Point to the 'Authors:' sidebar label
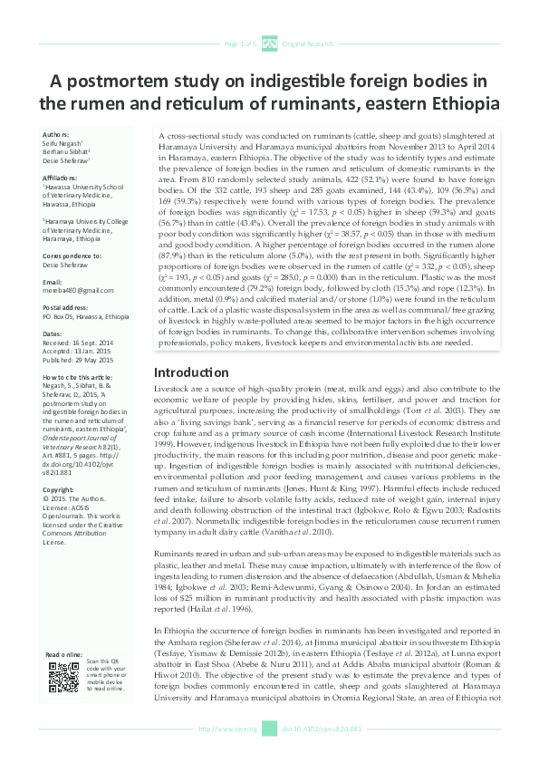pyautogui.click(x=55, y=134)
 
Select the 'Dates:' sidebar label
pyautogui.click(x=53, y=334)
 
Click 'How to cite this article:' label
pyautogui.click(x=80, y=375)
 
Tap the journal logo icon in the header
pyautogui.click(x=269, y=43)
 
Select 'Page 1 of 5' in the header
pyautogui.click(x=239, y=43)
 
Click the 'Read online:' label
pyautogui.click(x=62, y=653)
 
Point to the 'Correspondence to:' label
pyautogui.click(x=71, y=257)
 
